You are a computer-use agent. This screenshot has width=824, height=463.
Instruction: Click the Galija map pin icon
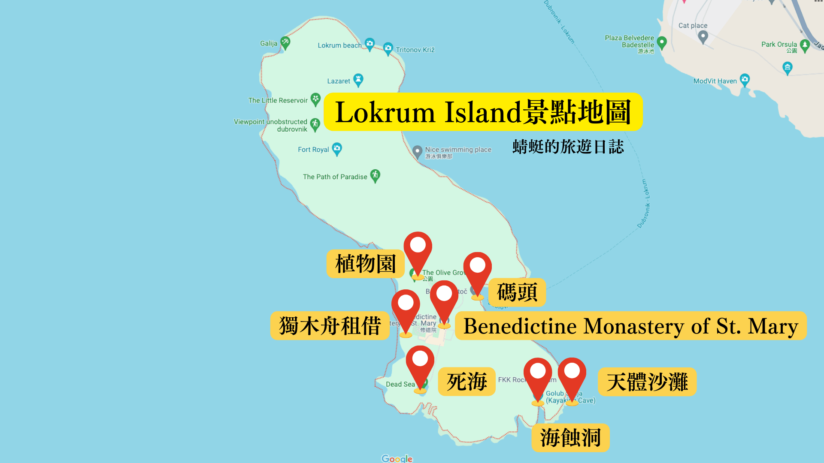285,42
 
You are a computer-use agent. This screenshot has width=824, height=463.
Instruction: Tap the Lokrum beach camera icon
370,44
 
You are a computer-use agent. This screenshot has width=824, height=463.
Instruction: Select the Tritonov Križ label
415,50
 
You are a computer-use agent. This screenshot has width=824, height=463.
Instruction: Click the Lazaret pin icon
358,79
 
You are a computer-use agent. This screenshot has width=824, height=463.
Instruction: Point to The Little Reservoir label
278,100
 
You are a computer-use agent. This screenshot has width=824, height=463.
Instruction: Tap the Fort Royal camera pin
337,148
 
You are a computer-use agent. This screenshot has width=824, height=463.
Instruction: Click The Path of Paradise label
335,177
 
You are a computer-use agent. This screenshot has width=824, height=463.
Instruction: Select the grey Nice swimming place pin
417,151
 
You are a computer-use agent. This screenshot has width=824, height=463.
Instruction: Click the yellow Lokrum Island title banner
483,112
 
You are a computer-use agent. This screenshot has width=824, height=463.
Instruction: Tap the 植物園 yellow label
365,264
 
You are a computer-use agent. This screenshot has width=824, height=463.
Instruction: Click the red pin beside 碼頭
477,270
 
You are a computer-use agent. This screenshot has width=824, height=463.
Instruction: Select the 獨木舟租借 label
330,326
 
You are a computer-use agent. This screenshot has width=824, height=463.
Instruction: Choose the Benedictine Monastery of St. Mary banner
630,326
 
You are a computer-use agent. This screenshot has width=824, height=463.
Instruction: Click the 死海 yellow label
467,382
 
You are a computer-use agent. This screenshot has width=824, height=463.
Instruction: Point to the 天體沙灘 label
647,382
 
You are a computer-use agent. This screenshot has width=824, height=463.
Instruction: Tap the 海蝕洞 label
570,438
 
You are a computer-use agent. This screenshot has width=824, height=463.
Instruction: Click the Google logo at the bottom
397,458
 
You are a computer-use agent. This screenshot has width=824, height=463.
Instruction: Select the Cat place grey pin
703,37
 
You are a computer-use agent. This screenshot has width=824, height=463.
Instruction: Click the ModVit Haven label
715,81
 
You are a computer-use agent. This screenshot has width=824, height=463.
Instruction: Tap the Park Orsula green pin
805,45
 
